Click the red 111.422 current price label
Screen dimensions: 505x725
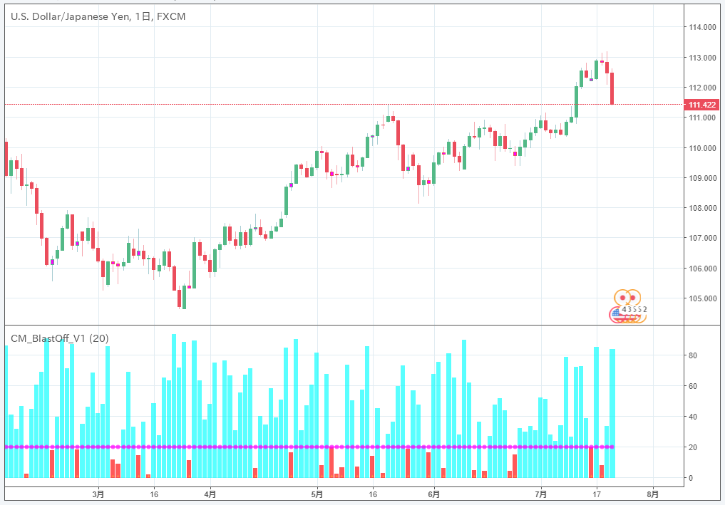pos(702,105)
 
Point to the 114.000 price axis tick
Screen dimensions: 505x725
pos(702,27)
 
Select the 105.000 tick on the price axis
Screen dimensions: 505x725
pos(702,298)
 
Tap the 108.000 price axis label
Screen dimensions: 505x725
pos(702,208)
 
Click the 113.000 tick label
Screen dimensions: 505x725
pos(702,57)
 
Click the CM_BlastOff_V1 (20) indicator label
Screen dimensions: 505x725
pos(59,338)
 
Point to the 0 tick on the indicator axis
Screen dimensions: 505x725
pos(690,478)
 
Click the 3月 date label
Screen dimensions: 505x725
pos(98,493)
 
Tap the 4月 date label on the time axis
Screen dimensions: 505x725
pos(210,493)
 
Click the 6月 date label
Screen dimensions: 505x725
pos(433,493)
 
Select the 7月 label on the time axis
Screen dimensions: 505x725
pos(541,493)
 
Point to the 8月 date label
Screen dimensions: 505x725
pos(652,493)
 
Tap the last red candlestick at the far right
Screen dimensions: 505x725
pos(612,88)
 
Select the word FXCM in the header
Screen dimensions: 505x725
pos(171,16)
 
